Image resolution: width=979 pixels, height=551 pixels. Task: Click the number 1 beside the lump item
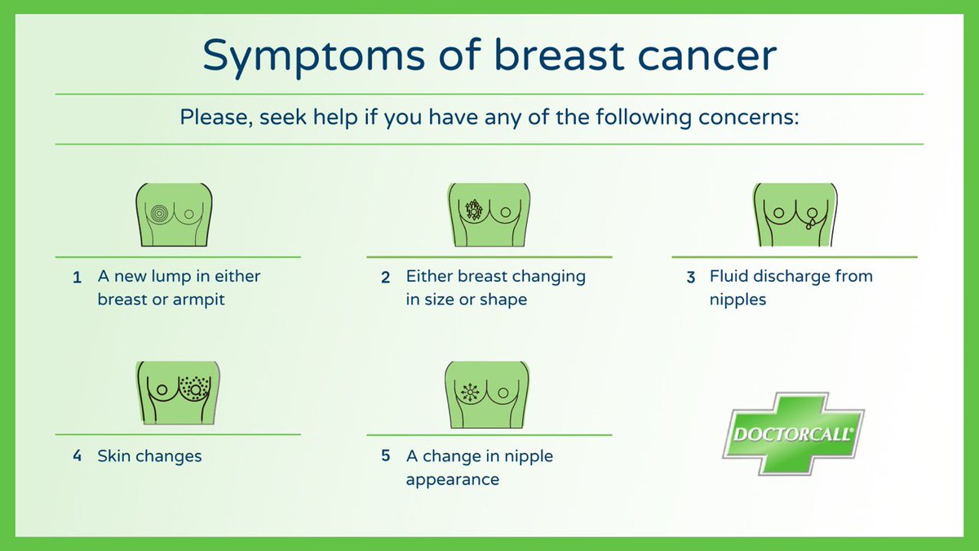[77, 278]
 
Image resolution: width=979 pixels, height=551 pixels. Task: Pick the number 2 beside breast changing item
[385, 278]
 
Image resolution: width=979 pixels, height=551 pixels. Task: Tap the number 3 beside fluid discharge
[690, 278]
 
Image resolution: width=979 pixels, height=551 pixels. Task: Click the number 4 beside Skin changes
[77, 455]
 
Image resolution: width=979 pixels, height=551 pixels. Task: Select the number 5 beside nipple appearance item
[385, 455]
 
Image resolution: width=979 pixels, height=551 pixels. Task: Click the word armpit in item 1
[198, 300]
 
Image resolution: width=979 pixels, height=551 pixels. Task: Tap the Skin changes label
[149, 456]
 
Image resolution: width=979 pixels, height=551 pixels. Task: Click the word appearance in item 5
[452, 479]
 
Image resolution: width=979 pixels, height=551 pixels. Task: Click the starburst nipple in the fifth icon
[469, 392]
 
